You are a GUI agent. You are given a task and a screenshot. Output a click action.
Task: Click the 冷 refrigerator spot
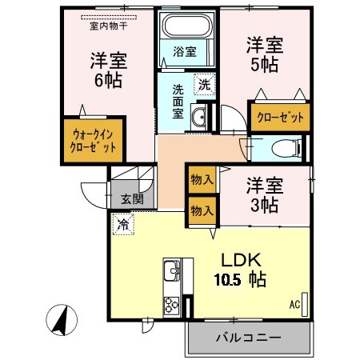coord(123,225)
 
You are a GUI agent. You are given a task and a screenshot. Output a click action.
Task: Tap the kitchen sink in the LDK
coord(172,276)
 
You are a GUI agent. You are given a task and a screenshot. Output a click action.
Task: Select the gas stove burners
coord(172,305)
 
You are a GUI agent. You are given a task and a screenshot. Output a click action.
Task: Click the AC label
coord(294,304)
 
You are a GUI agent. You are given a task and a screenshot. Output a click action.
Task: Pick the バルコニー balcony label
coord(247,338)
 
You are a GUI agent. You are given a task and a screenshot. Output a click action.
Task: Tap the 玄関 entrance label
coord(132,200)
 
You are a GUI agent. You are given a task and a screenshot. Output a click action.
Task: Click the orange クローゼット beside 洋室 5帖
coord(280,118)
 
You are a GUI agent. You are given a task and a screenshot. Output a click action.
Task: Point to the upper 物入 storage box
coord(201,180)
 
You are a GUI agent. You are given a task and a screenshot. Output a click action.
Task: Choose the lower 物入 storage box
coord(201,210)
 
